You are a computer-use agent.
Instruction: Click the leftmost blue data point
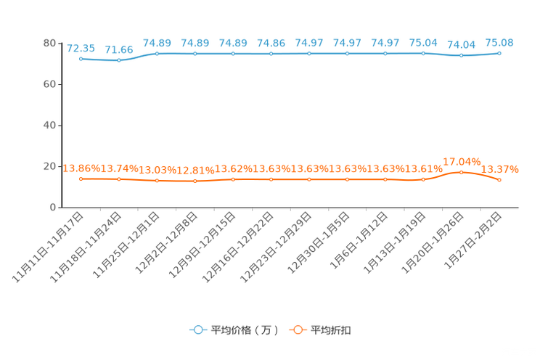(x=81, y=59)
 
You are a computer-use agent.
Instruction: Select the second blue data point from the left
(x=119, y=61)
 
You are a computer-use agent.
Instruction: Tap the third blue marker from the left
(x=157, y=53)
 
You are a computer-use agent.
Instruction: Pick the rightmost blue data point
(x=499, y=53)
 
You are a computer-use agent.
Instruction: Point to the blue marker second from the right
(x=461, y=55)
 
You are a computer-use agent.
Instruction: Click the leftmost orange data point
(x=81, y=178)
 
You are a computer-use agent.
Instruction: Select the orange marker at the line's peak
(x=461, y=172)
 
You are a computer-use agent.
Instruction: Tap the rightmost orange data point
(x=499, y=179)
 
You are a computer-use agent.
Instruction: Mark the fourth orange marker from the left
(x=195, y=181)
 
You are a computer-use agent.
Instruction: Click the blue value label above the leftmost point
(x=81, y=49)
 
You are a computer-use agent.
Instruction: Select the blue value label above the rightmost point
(x=499, y=43)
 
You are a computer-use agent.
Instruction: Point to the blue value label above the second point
(x=119, y=50)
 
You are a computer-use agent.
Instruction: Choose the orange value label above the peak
(x=462, y=161)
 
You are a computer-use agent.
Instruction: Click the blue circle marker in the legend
(x=198, y=330)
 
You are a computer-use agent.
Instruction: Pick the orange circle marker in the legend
(x=298, y=330)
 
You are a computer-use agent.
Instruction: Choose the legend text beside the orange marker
(x=332, y=330)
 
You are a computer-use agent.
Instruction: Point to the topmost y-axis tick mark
(x=57, y=44)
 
